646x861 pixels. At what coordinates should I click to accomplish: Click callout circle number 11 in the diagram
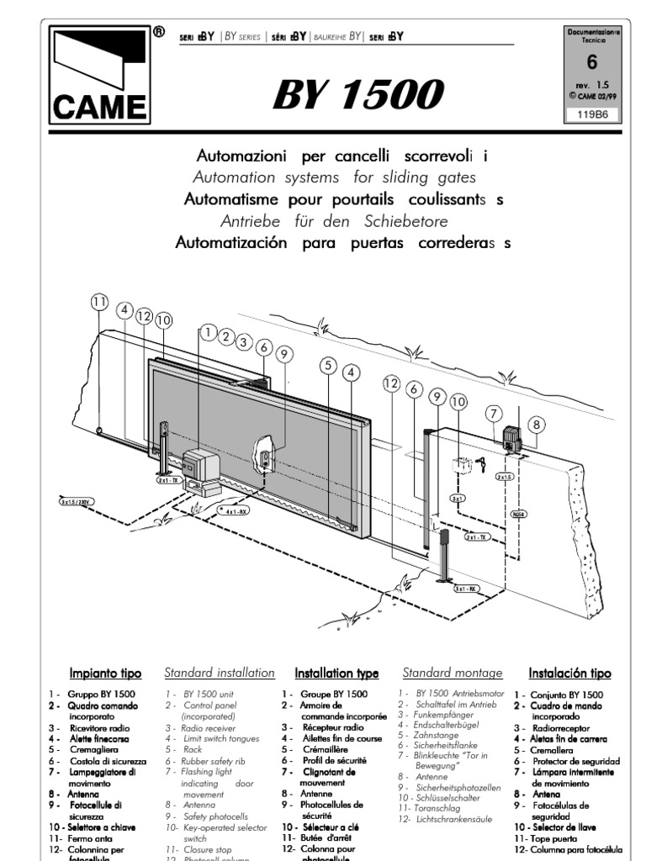pyautogui.click(x=100, y=304)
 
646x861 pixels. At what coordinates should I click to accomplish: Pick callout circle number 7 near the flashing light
pyautogui.click(x=495, y=413)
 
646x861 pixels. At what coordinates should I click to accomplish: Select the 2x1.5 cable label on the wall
pyautogui.click(x=505, y=477)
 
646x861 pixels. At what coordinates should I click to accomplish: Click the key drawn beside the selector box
pyautogui.click(x=483, y=462)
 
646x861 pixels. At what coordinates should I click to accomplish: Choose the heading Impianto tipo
pyautogui.click(x=105, y=673)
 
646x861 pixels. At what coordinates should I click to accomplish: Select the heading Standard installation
pyautogui.click(x=219, y=673)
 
